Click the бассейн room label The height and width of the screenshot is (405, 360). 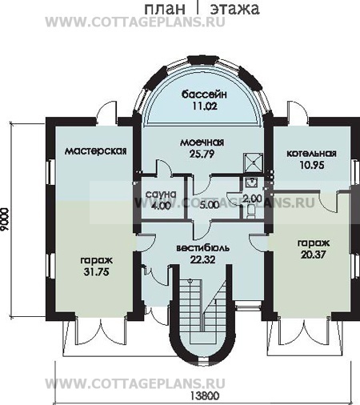tap(204, 94)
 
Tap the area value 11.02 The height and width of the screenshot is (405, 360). tap(205, 106)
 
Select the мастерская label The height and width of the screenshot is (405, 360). tap(96, 151)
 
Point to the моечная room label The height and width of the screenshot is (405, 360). tap(202, 142)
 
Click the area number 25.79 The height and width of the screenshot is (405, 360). tap(202, 154)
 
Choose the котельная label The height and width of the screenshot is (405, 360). tap(311, 154)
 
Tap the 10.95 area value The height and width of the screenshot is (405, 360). tap(312, 165)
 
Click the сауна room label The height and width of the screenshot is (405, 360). tap(161, 194)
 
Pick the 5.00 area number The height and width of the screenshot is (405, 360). tap(210, 205)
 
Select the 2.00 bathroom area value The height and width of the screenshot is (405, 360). tap(252, 198)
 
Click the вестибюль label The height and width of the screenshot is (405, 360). tap(203, 248)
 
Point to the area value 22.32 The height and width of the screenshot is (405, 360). tap(202, 259)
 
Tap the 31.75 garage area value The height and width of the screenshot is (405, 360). tap(96, 272)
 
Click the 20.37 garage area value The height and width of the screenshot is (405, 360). tap(314, 255)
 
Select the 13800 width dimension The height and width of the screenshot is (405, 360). tap(205, 396)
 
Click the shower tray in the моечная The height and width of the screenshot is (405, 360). tap(253, 162)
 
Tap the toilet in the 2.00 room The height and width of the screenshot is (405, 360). tap(251, 211)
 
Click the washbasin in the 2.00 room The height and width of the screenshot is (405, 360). tap(251, 182)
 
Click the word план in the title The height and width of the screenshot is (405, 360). tap(165, 9)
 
